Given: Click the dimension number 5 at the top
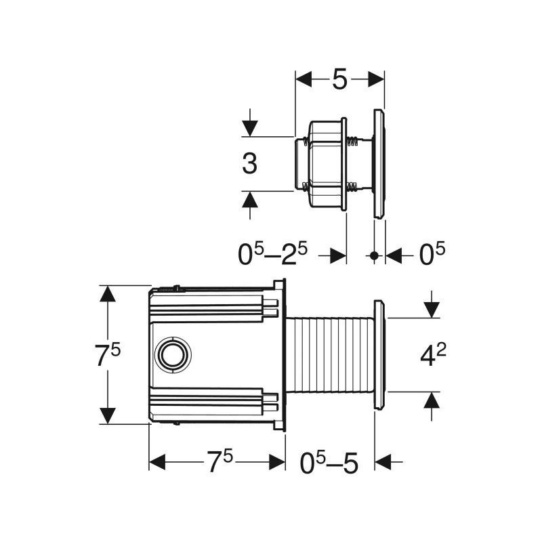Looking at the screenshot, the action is [x=339, y=79].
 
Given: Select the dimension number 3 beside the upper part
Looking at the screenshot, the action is [x=249, y=163].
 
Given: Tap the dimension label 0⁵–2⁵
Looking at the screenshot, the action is [x=272, y=254].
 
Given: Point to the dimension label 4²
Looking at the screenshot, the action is [x=433, y=354].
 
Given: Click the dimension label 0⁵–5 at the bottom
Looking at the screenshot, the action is [x=329, y=463].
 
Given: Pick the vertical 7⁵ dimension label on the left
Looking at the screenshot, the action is [x=108, y=355].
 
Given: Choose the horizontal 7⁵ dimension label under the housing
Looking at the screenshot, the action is [x=220, y=461].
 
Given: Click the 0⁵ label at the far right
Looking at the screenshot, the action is [x=432, y=254].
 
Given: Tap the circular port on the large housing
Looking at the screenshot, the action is [x=173, y=354].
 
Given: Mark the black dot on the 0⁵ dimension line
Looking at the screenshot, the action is [x=374, y=256].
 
